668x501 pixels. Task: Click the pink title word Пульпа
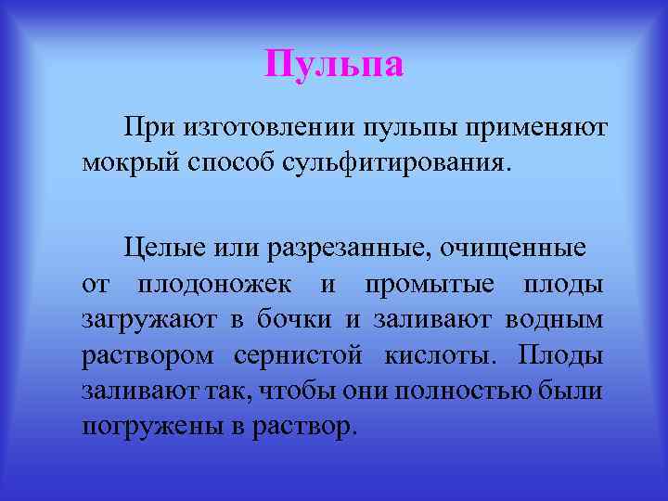tap(334, 65)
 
